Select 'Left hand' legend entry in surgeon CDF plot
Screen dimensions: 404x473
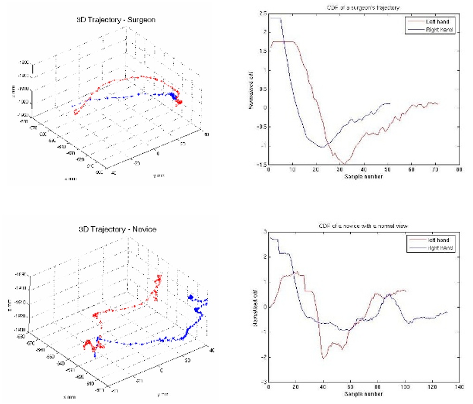coord(439,21)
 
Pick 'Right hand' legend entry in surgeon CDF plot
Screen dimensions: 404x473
coord(440,29)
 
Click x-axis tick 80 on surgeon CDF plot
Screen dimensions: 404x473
coord(459,170)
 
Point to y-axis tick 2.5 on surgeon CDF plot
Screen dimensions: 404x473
coord(263,14)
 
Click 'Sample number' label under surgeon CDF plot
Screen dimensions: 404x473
coord(364,177)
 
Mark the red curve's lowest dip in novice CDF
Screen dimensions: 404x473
coord(324,358)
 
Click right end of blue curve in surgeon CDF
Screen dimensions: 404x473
coord(390,103)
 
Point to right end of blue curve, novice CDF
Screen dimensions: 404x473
coord(447,312)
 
